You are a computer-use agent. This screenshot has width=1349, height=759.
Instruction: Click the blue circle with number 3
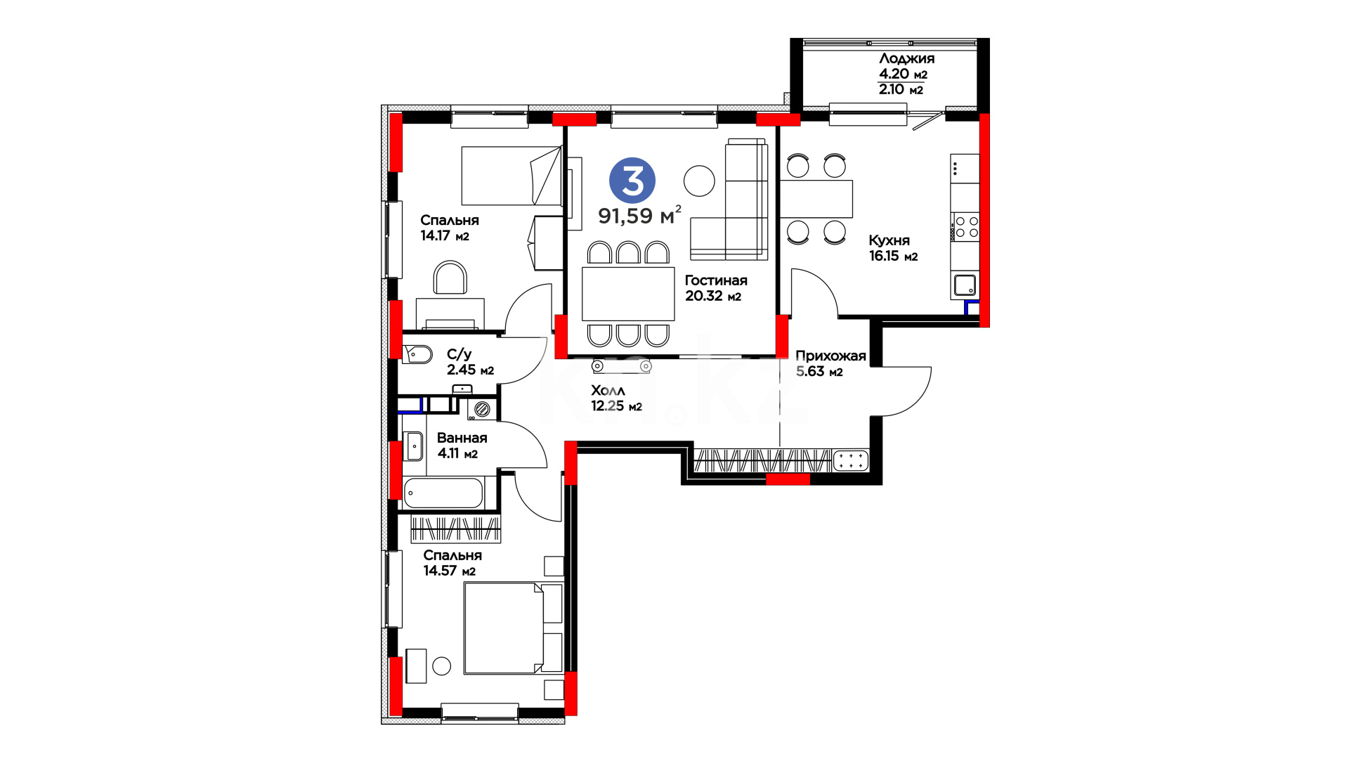click(632, 181)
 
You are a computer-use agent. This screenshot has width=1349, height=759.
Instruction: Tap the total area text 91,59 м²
click(639, 215)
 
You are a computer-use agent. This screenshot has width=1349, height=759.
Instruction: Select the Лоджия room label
click(906, 58)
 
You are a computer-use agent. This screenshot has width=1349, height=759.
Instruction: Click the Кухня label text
click(889, 240)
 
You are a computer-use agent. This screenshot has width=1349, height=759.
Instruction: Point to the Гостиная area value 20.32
click(704, 296)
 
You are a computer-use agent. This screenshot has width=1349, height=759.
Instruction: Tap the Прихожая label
click(830, 356)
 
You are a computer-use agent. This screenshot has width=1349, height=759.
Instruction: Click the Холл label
click(608, 390)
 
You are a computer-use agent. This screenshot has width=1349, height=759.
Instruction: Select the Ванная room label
click(462, 438)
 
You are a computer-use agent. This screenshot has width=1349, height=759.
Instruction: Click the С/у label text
click(459, 354)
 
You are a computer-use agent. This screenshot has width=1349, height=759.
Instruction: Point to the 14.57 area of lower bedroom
click(440, 571)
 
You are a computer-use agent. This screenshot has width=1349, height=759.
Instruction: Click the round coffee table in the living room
click(699, 181)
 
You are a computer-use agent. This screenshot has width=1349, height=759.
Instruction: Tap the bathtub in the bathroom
click(443, 493)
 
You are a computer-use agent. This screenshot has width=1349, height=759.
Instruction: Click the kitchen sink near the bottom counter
click(965, 285)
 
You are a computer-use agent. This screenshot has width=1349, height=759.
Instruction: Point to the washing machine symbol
click(482, 409)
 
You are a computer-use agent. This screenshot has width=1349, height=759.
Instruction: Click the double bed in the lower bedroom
click(513, 628)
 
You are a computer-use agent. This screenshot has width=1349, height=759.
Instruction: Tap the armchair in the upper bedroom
click(450, 278)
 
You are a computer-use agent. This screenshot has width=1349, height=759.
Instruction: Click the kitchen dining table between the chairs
click(816, 199)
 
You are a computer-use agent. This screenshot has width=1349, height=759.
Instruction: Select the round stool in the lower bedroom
click(441, 666)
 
